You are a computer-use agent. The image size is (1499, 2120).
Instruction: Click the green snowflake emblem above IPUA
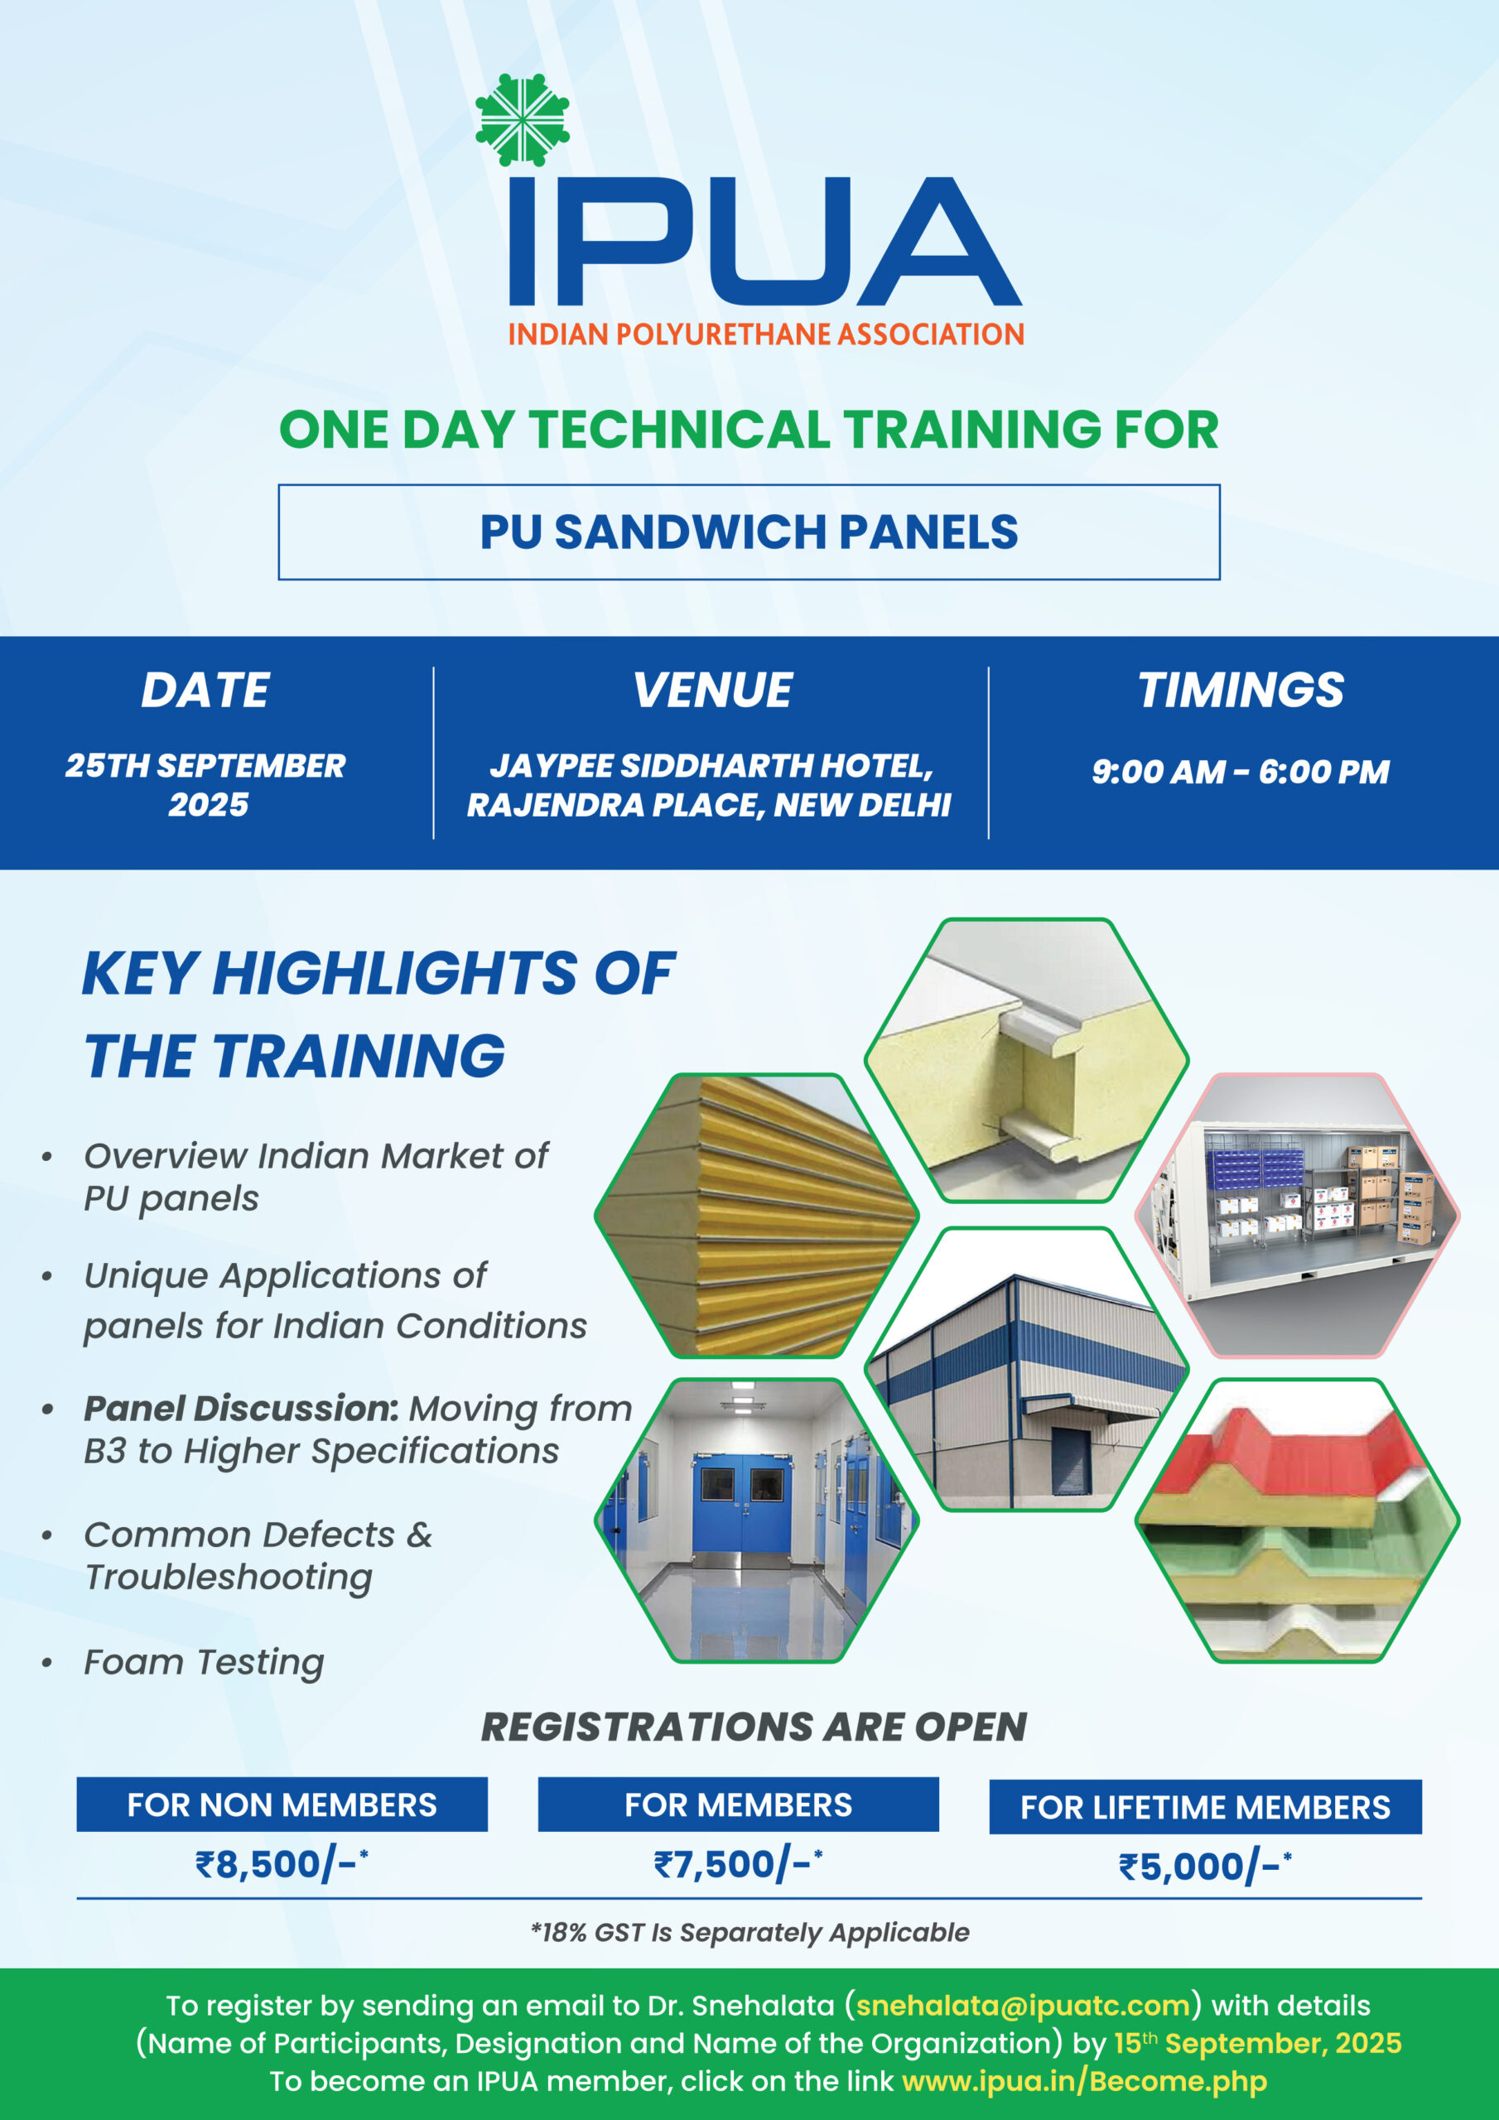(x=522, y=120)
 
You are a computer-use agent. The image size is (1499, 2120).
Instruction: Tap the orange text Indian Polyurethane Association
(x=766, y=335)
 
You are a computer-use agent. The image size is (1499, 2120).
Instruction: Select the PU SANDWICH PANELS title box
(x=749, y=532)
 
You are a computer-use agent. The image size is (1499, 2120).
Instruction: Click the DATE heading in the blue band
(x=205, y=690)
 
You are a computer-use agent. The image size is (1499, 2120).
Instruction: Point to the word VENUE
(x=712, y=690)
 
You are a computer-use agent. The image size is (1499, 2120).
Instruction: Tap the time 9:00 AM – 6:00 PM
(x=1241, y=771)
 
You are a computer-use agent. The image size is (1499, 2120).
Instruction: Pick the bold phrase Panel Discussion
(x=241, y=1408)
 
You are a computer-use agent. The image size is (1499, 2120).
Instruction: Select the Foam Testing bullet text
(x=204, y=1662)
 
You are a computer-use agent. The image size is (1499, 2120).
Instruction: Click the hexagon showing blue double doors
(x=756, y=1520)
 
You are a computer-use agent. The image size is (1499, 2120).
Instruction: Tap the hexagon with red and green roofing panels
(x=1297, y=1520)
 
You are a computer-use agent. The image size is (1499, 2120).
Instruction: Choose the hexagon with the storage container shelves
(x=1297, y=1215)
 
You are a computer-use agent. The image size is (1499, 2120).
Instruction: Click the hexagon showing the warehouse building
(x=1026, y=1368)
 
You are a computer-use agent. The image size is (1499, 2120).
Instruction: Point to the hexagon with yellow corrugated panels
(x=756, y=1215)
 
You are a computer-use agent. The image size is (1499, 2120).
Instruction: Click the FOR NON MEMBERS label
(x=282, y=1804)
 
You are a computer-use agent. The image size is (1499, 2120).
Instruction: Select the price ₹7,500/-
(x=738, y=1864)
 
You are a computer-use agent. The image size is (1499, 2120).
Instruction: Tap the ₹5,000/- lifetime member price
(x=1205, y=1866)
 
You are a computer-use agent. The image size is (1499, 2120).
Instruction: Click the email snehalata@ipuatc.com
(x=1023, y=2006)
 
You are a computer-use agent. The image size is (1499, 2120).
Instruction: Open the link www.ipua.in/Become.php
(x=1084, y=2081)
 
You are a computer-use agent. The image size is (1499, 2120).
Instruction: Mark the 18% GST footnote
(x=750, y=1933)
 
